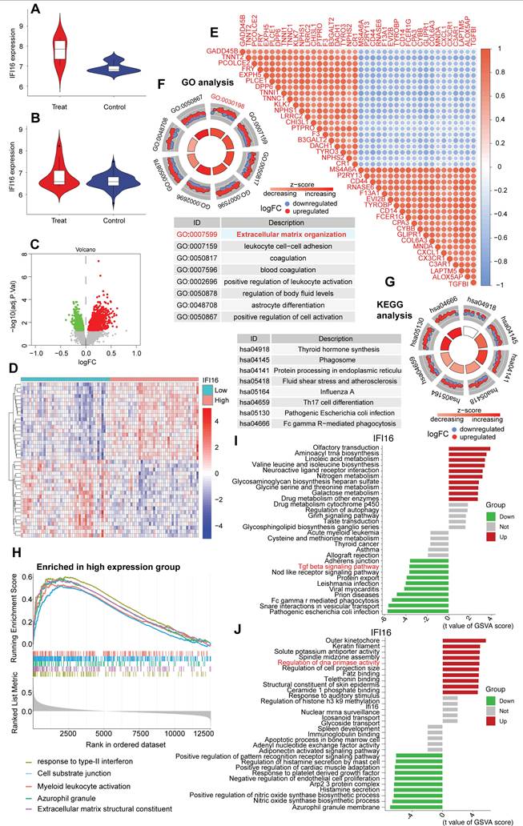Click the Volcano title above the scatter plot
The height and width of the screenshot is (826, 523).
[x=86, y=250]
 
